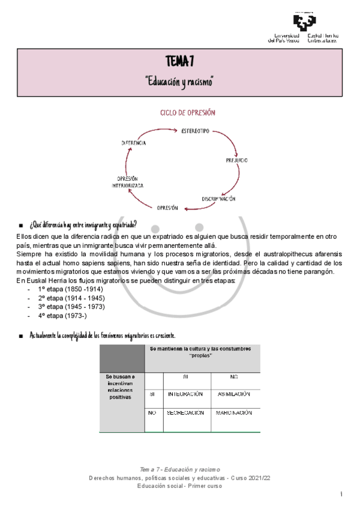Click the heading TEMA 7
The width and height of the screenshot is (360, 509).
coord(179,61)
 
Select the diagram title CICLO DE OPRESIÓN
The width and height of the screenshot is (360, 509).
coord(188,113)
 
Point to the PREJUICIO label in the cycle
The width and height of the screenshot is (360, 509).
coord(237,160)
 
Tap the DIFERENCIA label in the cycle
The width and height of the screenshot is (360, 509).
coord(134,143)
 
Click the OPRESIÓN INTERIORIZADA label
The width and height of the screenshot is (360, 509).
coord(128,182)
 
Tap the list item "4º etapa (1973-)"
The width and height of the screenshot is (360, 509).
coord(62,315)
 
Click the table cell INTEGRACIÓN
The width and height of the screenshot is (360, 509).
coord(186,394)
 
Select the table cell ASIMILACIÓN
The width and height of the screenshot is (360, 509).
coord(234,394)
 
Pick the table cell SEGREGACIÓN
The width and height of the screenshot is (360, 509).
coord(186,413)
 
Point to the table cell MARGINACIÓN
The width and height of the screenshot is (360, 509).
coord(234,413)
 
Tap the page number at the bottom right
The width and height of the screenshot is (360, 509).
coord(341,495)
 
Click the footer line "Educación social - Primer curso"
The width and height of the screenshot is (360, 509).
coord(179,486)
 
